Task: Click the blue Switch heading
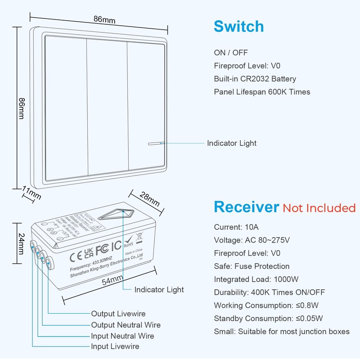coord(238,27)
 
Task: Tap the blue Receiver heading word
coord(246,207)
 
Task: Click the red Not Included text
coord(319,208)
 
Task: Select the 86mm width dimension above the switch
coord(104,20)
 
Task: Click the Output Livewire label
coord(118,314)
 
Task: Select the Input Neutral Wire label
coord(122,336)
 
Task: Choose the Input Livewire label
coord(115,346)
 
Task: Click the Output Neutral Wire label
coord(126,325)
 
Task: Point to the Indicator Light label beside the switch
coord(232,143)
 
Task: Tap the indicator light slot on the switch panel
coord(154,144)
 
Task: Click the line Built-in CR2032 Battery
coord(255,79)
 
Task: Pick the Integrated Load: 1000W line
coord(256,279)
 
